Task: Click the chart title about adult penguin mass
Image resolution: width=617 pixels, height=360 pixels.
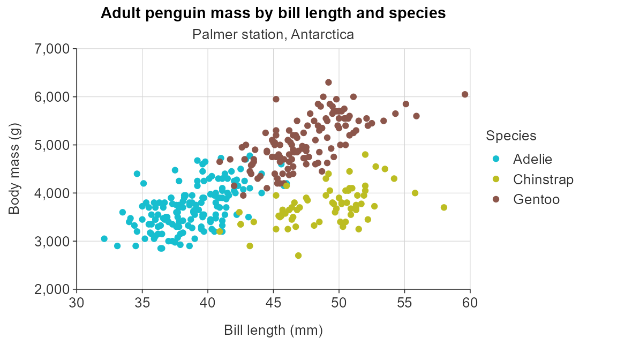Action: click(273, 13)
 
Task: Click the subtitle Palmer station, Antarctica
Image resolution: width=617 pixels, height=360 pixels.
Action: click(273, 35)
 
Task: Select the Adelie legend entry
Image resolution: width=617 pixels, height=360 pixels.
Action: click(532, 159)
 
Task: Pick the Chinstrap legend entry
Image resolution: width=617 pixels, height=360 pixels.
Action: click(543, 179)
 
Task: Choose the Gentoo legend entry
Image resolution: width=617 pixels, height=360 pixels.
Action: click(536, 199)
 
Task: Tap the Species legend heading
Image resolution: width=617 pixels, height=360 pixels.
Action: click(511, 136)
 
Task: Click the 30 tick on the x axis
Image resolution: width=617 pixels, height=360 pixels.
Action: click(77, 303)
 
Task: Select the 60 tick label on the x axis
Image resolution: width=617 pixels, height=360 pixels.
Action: click(470, 303)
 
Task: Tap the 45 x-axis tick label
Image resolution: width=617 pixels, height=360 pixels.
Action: click(273, 303)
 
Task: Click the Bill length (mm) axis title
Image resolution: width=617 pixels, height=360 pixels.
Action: click(273, 331)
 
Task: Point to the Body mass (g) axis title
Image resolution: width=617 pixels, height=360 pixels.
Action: click(14, 169)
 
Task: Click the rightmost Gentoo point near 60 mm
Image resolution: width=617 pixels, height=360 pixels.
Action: click(465, 94)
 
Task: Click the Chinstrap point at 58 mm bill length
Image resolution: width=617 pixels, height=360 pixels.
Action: click(443, 207)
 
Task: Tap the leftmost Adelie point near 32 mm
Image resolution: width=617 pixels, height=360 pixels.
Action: click(104, 238)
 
